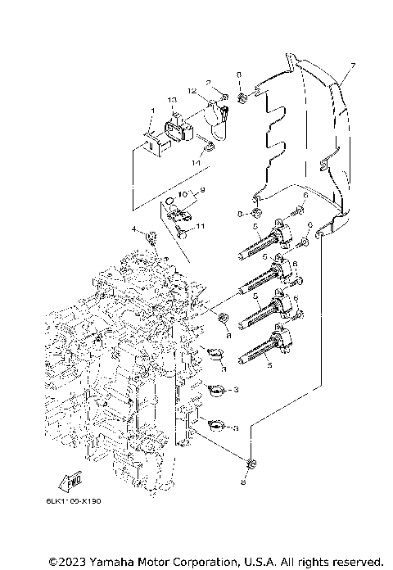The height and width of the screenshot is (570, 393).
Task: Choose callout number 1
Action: (151, 111)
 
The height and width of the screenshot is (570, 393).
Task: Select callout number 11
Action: (200, 225)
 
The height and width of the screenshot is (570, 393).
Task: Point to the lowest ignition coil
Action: (267, 345)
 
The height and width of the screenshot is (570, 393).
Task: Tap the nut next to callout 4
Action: (151, 237)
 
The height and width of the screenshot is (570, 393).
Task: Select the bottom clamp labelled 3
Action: (217, 425)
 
